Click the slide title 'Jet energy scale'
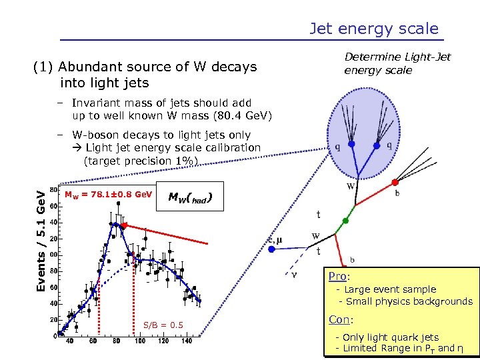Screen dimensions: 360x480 [374, 29]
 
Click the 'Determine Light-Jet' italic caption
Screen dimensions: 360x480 [397, 57]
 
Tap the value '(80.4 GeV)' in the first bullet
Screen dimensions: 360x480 [239, 115]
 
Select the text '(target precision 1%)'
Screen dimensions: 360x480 [141, 160]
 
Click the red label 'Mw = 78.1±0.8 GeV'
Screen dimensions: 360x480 [108, 195]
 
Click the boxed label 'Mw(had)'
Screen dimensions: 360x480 [191, 197]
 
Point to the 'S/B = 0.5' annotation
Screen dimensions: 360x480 [163, 325]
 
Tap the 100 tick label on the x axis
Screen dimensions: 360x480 [139, 341]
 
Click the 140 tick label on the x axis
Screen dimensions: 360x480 [187, 341]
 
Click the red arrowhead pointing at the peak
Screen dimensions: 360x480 [123, 226]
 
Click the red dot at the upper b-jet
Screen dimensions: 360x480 [395, 181]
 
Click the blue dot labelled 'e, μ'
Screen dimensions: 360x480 [272, 249]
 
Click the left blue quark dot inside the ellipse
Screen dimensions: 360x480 [351, 144]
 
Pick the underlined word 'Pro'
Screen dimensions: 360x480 [337, 276]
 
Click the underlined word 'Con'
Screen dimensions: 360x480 [339, 319]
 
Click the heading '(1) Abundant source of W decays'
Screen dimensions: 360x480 [145, 67]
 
